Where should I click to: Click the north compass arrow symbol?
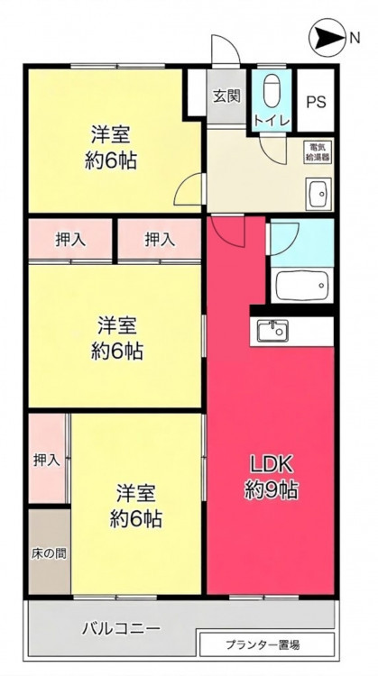pyautogui.click(x=328, y=38)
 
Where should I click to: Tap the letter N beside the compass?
pyautogui.click(x=355, y=39)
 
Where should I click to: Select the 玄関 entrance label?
pyautogui.click(x=226, y=96)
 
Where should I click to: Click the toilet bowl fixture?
pyautogui.click(x=272, y=91)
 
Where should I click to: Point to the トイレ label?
pyautogui.click(x=272, y=120)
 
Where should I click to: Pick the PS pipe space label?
pyautogui.click(x=317, y=103)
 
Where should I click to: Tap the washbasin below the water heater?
pyautogui.click(x=318, y=194)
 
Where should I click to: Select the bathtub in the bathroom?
pyautogui.click(x=302, y=285)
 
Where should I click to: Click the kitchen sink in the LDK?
pyautogui.click(x=272, y=331)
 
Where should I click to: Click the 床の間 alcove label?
pyautogui.click(x=49, y=553)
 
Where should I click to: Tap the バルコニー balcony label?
pyautogui.click(x=121, y=628)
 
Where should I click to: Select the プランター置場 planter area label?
pyautogui.click(x=263, y=645)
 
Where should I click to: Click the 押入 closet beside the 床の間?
pyautogui.click(x=47, y=460)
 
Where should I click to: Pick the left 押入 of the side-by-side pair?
pyautogui.click(x=70, y=240)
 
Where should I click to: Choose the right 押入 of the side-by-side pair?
pyautogui.click(x=160, y=240)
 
